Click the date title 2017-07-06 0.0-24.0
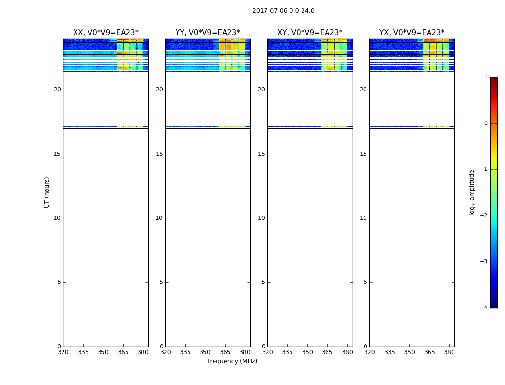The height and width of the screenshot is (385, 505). point(283,11)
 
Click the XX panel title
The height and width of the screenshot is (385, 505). point(105,33)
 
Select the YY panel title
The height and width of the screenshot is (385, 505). point(207,33)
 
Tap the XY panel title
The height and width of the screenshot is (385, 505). point(310,33)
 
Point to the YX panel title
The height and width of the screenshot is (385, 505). point(412,33)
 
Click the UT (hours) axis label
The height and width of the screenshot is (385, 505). point(47,192)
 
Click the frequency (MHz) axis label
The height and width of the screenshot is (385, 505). point(232,361)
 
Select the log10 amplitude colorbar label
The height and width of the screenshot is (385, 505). point(472,192)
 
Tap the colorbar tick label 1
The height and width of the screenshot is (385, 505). point(486,77)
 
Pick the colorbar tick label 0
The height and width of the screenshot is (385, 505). point(486,123)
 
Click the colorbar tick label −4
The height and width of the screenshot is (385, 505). point(484,308)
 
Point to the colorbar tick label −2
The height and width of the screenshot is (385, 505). point(484,216)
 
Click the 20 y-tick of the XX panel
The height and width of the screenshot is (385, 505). point(57,90)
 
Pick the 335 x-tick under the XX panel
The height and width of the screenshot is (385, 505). point(83,352)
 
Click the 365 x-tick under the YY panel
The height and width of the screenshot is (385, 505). point(225,352)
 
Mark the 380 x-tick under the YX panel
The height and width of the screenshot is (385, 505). point(449,352)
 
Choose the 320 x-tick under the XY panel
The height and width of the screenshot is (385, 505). point(267,352)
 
